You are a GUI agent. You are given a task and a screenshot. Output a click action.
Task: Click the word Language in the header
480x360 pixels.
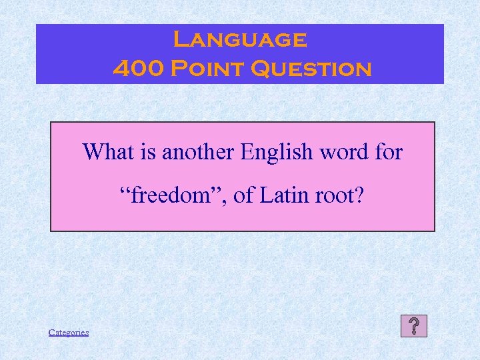pyautogui.click(x=240, y=40)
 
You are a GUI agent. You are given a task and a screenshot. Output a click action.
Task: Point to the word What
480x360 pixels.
pyautogui.click(x=104, y=152)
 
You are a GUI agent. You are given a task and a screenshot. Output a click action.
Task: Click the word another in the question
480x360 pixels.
pyautogui.click(x=199, y=152)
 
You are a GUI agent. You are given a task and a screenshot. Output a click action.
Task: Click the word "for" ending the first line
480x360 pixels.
pyautogui.click(x=389, y=152)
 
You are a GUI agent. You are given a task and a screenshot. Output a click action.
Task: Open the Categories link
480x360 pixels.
pyautogui.click(x=69, y=332)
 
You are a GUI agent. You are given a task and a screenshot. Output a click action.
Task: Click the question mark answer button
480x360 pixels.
pyautogui.click(x=414, y=326)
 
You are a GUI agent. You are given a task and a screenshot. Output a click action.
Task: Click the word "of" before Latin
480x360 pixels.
pyautogui.click(x=243, y=196)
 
